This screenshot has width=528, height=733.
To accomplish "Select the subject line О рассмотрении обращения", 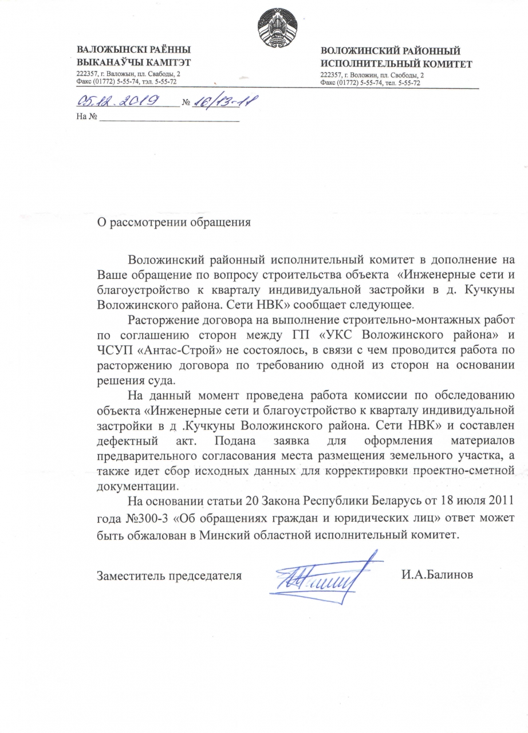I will (x=174, y=223).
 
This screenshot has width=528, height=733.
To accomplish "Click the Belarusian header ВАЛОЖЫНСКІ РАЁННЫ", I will (x=133, y=50).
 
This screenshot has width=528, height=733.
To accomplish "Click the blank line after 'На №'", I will (x=170, y=119).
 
